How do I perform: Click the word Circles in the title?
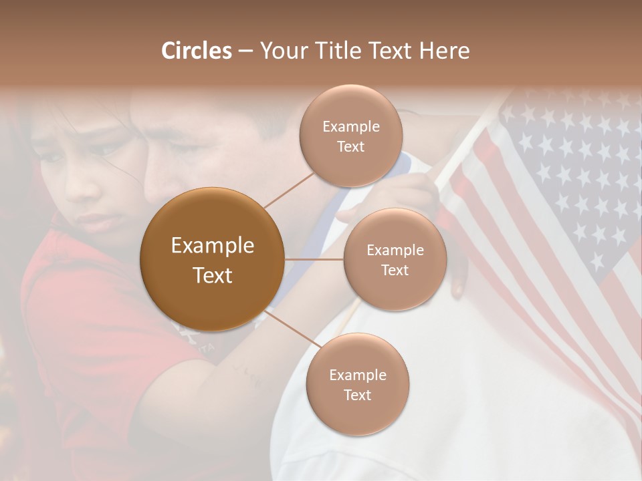pos(196,51)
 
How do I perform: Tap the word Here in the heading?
pos(445,51)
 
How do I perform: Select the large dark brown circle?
pos(213,259)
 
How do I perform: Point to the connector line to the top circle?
pos(289,190)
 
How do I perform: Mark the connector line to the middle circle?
pos(314,259)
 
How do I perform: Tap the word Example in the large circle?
pos(213,246)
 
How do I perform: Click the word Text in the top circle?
pos(350,147)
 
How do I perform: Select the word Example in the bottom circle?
pos(357,375)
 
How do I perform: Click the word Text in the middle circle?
pos(395,271)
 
